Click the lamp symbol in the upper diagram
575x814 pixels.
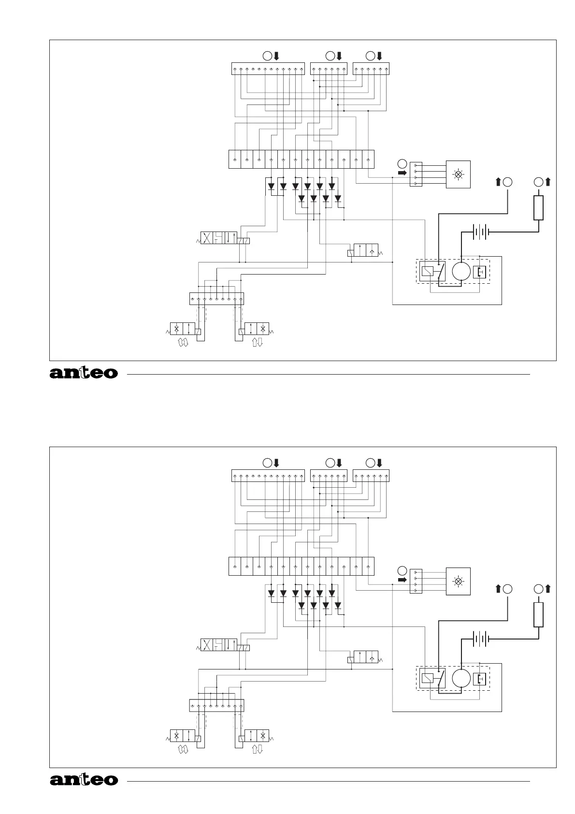[458, 174]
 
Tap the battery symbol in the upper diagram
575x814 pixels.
[480, 232]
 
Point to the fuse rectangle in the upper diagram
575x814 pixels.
[538, 208]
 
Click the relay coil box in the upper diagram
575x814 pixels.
[427, 271]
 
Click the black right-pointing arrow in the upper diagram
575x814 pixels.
[402, 172]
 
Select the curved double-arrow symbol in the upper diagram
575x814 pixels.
[183, 343]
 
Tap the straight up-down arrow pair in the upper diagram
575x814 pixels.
[257, 343]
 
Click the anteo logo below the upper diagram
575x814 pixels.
[84, 373]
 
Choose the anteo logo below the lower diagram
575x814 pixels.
[84, 780]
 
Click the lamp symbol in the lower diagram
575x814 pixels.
[458, 581]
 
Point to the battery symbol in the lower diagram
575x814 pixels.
[480, 639]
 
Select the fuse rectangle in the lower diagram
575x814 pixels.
[538, 615]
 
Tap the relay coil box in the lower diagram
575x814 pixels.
[427, 678]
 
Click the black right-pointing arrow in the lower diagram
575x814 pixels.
[402, 579]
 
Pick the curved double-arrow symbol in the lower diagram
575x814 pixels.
[183, 750]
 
